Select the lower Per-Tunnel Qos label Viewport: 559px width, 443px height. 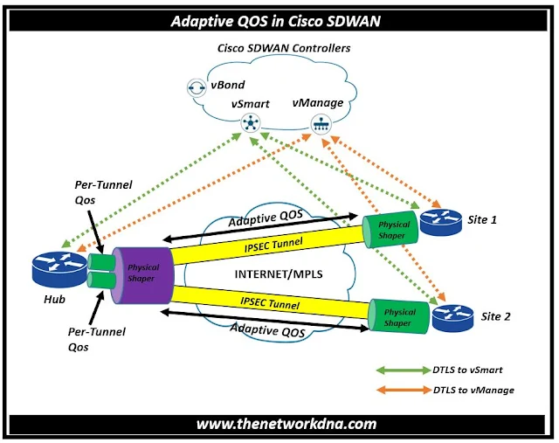[x=96, y=338]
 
